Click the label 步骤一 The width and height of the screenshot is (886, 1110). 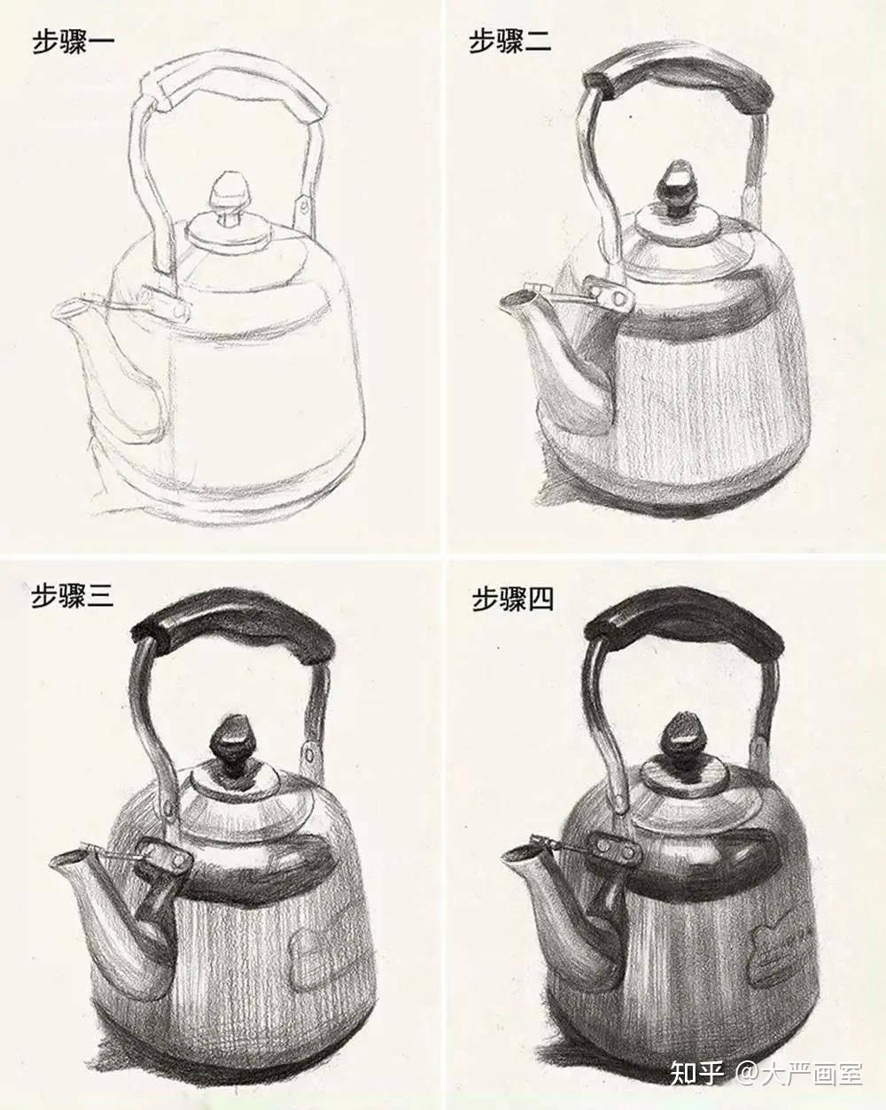click(x=73, y=42)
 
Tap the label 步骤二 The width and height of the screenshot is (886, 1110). click(x=509, y=41)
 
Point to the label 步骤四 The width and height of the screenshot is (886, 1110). click(x=513, y=599)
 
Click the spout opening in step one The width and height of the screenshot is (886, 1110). click(x=70, y=309)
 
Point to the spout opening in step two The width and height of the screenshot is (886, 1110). click(x=517, y=299)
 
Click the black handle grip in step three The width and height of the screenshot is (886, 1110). click(x=230, y=629)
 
